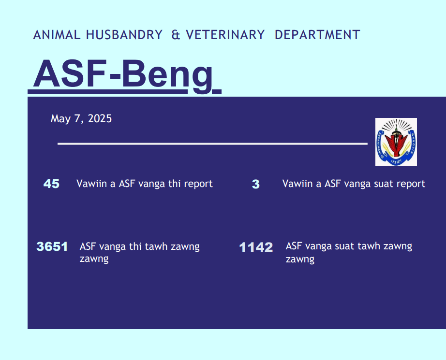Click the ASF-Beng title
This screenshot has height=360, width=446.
click(123, 74)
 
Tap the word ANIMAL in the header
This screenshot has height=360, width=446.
click(57, 35)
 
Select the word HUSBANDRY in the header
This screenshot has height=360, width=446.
click(124, 35)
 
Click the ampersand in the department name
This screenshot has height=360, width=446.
click(176, 35)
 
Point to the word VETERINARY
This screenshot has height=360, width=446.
click(225, 35)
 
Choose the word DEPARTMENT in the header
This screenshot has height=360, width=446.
click(317, 35)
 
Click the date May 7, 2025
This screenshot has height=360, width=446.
click(81, 119)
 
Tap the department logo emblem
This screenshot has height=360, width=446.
click(396, 142)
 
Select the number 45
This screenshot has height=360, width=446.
click(51, 184)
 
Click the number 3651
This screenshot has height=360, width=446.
click(52, 246)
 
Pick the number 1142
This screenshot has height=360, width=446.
click(256, 247)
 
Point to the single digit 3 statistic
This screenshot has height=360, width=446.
click(256, 184)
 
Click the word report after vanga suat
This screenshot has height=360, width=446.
click(411, 184)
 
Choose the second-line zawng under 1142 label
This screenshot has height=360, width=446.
click(300, 259)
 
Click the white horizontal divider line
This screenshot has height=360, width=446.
click(212, 144)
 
